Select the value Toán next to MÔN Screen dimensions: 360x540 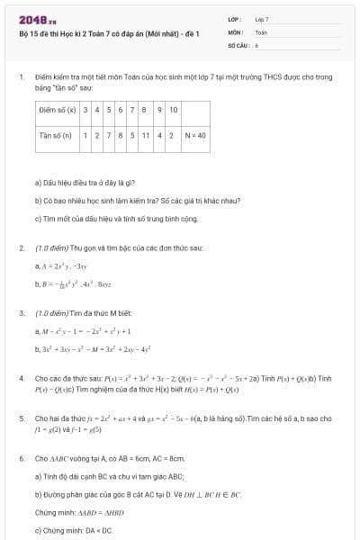coord(261,31)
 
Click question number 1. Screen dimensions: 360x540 coord(21,77)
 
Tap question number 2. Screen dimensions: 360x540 coord(21,247)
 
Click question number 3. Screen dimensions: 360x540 coord(21,313)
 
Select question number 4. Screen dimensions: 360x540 coord(21,378)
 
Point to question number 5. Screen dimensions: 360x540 coord(21,418)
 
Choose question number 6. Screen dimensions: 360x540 coord(21,458)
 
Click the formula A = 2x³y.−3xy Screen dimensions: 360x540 coord(61,266)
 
